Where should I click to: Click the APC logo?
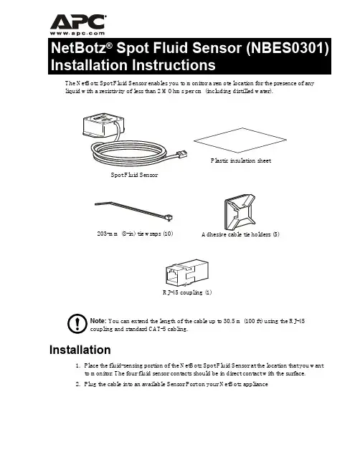[77, 22]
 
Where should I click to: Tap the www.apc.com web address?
[77, 34]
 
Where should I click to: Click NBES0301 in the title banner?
[288, 48]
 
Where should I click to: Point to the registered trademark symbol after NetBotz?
[110, 45]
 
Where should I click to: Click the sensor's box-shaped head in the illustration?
[103, 125]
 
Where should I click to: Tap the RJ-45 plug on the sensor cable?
[181, 155]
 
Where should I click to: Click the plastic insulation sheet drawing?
[240, 140]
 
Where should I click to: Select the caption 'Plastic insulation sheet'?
[241, 160]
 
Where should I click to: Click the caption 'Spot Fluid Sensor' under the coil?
[134, 175]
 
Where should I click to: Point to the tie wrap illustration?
[134, 211]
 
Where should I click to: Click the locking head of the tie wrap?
[169, 218]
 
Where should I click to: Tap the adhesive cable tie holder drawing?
[240, 212]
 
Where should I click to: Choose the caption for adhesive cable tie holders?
[240, 234]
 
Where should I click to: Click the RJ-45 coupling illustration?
[187, 273]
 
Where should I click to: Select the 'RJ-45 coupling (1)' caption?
[187, 292]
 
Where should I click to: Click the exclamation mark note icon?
[77, 324]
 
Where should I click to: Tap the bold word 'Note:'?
[98, 321]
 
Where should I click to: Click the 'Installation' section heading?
[80, 350]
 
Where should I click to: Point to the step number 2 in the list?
[77, 384]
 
